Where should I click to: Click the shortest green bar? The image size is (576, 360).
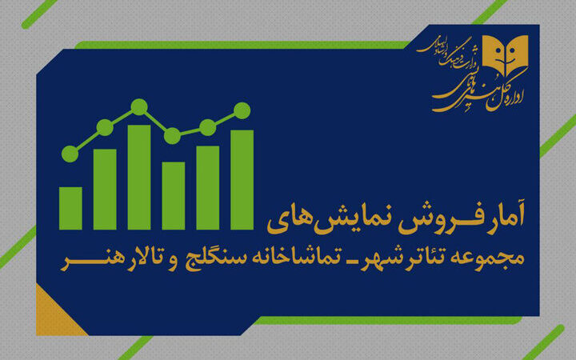[70, 207]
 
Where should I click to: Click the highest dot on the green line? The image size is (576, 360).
[138, 106]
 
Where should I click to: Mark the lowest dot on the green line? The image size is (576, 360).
[70, 154]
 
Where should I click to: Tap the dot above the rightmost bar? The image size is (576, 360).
[242, 110]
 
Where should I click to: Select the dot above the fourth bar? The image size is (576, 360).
[173, 135]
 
